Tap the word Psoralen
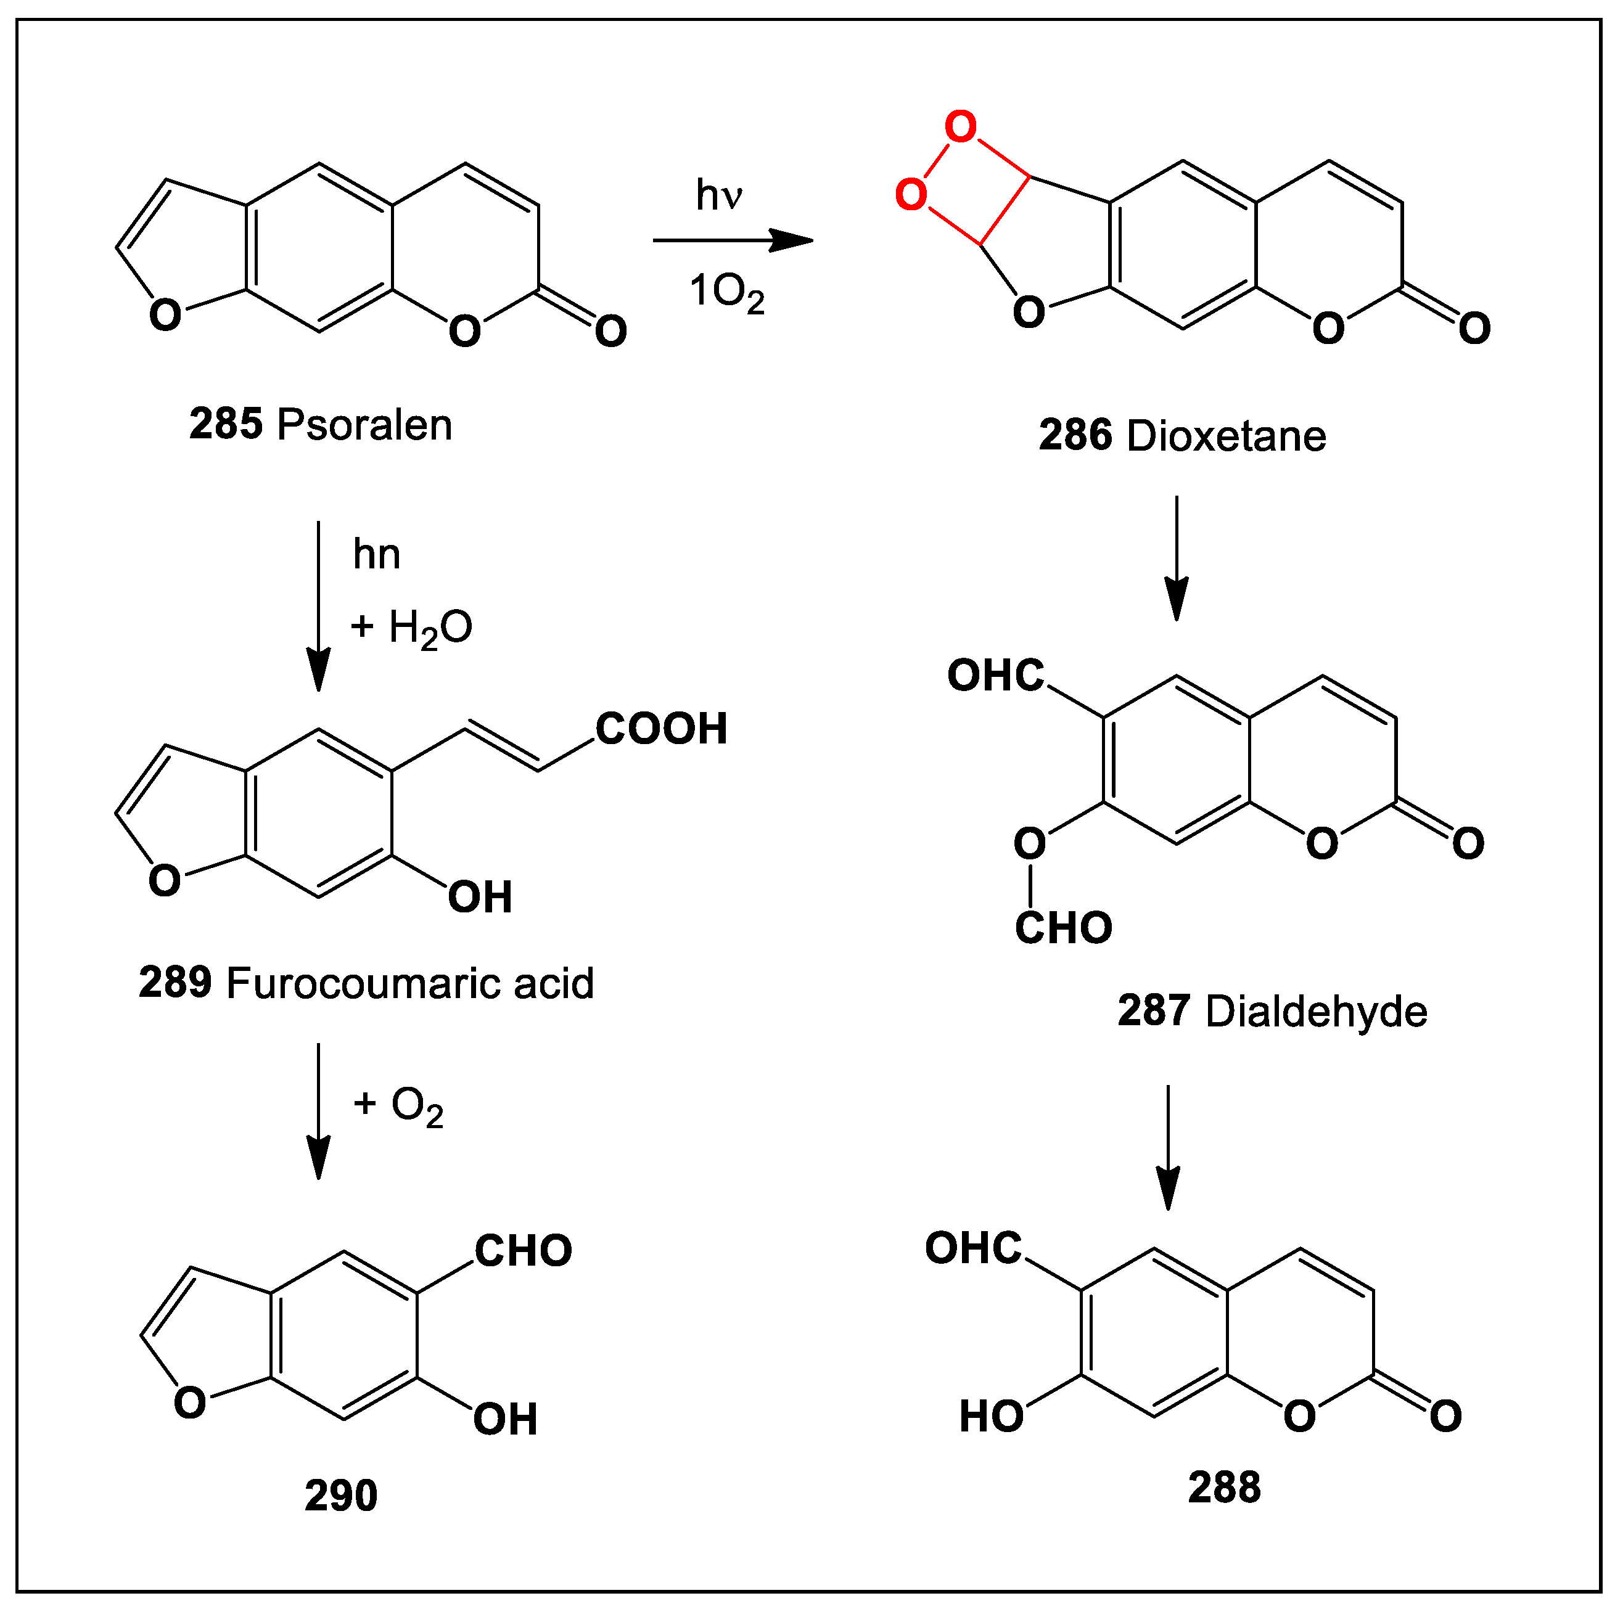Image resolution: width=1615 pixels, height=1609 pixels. pos(364,425)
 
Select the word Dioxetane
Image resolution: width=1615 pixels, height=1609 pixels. pos(1227,436)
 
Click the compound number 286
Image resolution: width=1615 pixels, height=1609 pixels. pos(1075,436)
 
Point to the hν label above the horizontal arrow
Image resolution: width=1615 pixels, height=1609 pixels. pos(719,195)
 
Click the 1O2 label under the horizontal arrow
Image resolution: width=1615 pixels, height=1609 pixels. pos(726,293)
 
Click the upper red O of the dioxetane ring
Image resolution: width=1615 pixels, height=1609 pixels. pos(961,127)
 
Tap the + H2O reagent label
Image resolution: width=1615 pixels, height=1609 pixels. pos(411,628)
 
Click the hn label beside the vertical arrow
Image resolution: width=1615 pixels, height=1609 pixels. pos(376,554)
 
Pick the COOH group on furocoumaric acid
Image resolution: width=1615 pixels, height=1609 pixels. pos(661,729)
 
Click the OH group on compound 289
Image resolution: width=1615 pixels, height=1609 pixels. pos(480,898)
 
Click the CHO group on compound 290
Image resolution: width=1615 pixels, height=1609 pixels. pos(524,1251)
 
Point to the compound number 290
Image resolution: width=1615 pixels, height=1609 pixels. pos(341,1496)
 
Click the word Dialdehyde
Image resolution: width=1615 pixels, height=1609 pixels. pos(1316,1012)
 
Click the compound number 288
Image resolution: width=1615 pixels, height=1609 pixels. pos(1224,1488)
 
